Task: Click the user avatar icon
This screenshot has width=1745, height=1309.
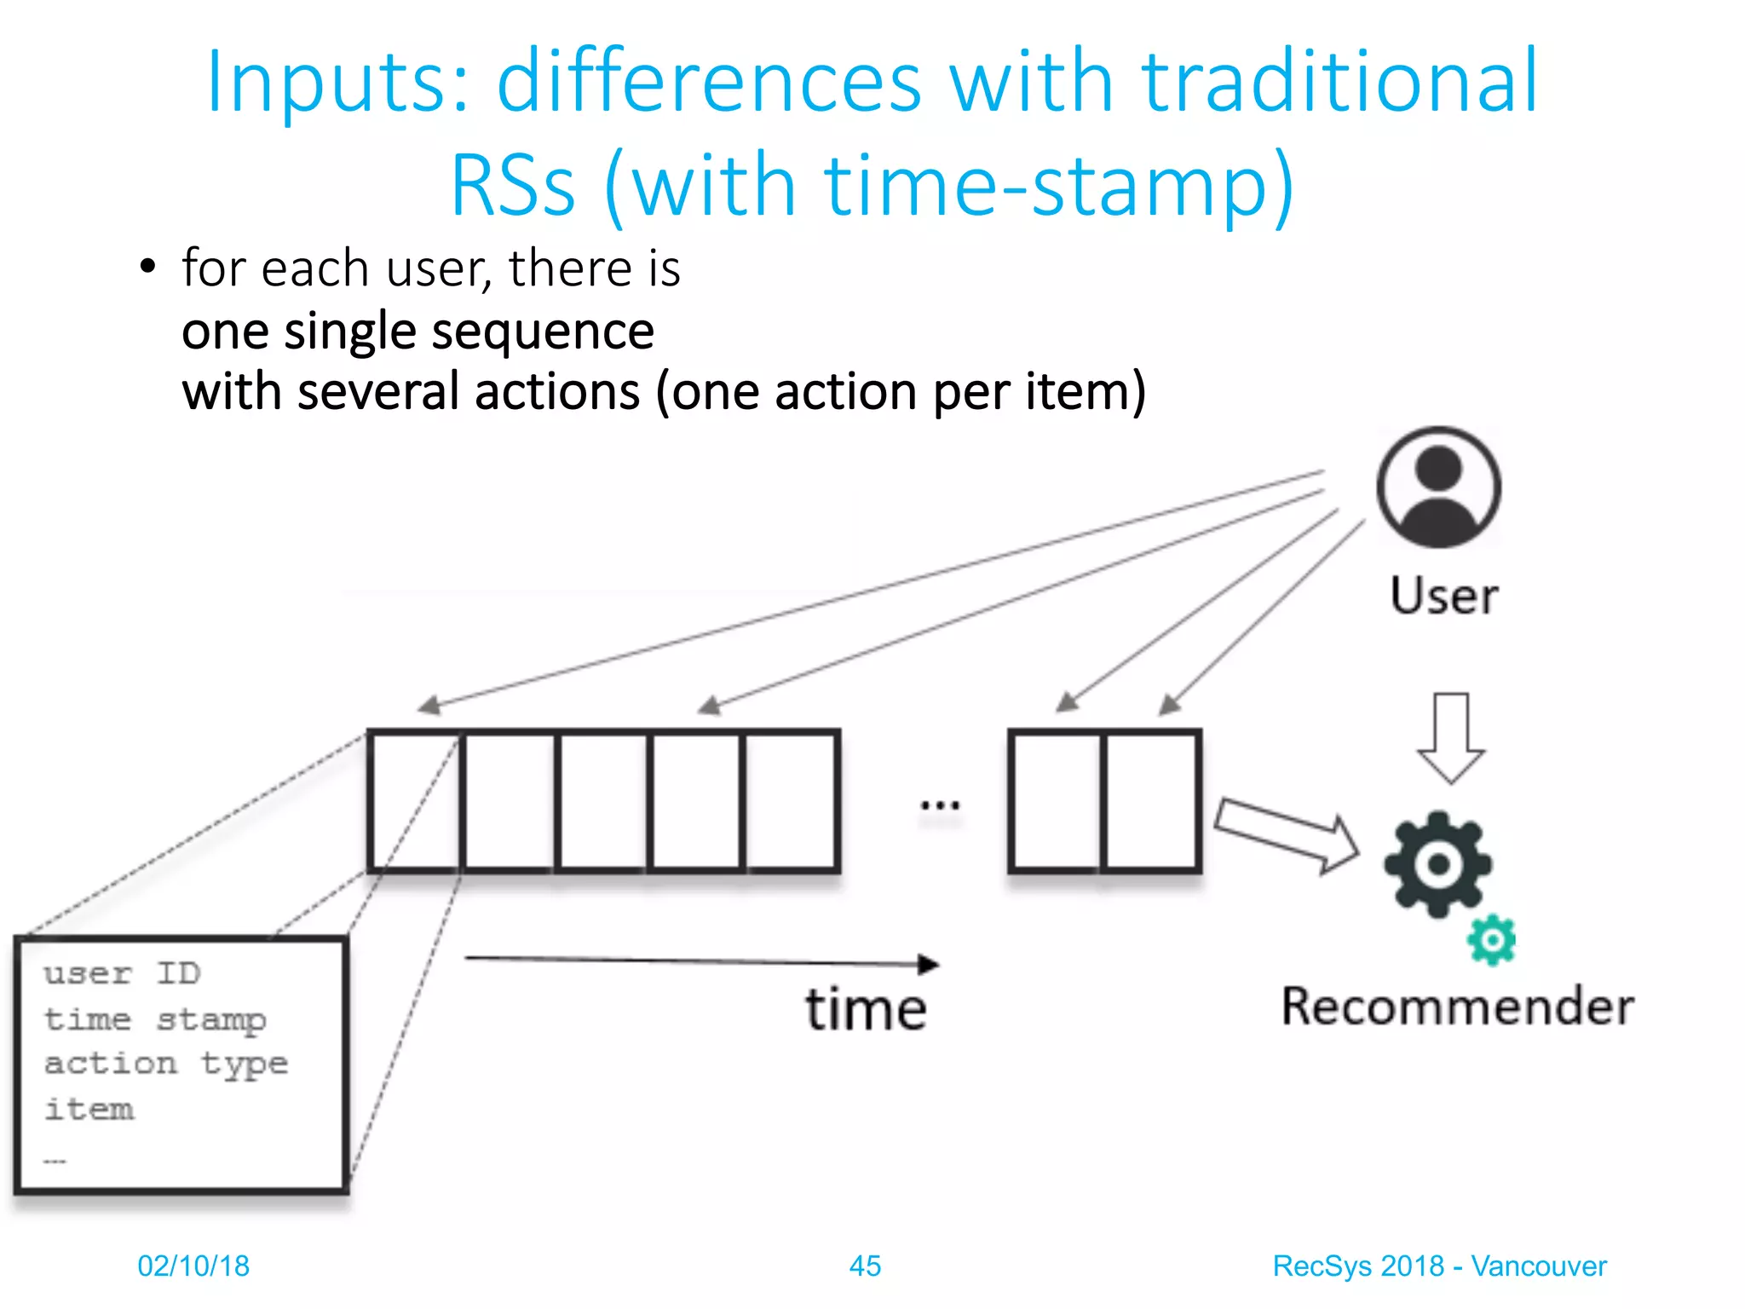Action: pyautogui.click(x=1438, y=487)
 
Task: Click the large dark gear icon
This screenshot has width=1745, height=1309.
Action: pyautogui.click(x=1438, y=863)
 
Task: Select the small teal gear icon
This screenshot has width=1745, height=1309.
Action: pyautogui.click(x=1491, y=940)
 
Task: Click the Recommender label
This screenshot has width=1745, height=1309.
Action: pyautogui.click(x=1458, y=1006)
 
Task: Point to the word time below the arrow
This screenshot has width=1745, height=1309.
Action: pyautogui.click(x=866, y=1010)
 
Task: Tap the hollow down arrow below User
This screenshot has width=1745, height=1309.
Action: pyautogui.click(x=1450, y=738)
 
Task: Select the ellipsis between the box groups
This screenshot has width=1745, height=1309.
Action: pyautogui.click(x=940, y=804)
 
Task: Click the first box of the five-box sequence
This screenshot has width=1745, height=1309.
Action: pyautogui.click(x=416, y=801)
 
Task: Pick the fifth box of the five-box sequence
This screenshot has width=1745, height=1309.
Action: pyautogui.click(x=791, y=801)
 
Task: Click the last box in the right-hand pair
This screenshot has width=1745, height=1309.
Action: pyautogui.click(x=1151, y=801)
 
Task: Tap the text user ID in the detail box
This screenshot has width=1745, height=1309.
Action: pyautogui.click(x=122, y=973)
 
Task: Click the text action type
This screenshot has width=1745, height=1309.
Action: pyautogui.click(x=166, y=1064)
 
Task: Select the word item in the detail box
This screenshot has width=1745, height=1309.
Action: pyautogui.click(x=89, y=1110)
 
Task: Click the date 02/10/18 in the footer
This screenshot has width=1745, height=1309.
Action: pyautogui.click(x=193, y=1266)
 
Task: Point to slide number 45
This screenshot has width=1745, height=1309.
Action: pyautogui.click(x=865, y=1266)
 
